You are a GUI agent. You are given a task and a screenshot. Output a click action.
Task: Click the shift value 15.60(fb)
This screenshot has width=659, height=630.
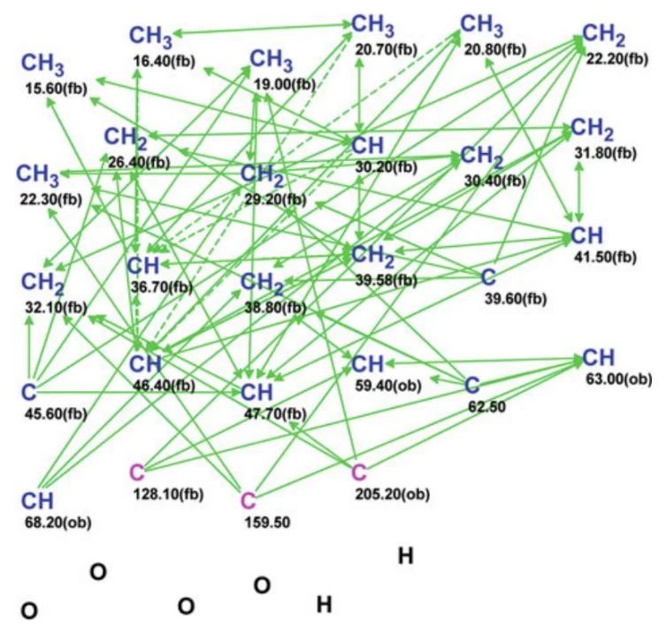click(56, 89)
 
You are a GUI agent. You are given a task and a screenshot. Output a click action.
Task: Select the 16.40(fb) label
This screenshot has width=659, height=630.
click(165, 61)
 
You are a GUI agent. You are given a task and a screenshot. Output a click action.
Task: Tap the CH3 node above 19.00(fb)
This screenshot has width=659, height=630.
click(272, 60)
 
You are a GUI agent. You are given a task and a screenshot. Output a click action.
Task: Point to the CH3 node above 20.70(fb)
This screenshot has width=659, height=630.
click(373, 26)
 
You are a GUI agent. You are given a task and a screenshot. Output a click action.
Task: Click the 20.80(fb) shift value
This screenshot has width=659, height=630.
click(495, 50)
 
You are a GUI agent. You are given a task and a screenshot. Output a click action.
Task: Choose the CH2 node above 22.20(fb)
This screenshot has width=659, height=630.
click(604, 35)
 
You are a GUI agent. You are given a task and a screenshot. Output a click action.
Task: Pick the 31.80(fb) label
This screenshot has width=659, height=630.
click(606, 153)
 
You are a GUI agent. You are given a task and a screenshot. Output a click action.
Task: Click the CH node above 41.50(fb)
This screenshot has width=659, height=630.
click(587, 235)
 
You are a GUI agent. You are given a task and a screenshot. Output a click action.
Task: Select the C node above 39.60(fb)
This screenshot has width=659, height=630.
click(488, 277)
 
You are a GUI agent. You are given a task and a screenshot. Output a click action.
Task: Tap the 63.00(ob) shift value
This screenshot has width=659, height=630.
click(619, 380)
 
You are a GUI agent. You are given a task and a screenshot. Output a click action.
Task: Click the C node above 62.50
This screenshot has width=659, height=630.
click(472, 385)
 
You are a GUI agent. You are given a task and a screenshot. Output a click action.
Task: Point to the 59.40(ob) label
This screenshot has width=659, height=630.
click(388, 387)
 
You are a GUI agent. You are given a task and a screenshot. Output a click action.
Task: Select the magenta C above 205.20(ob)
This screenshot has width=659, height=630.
click(359, 472)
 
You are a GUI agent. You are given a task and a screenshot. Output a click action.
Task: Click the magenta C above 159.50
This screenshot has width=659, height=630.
click(249, 501)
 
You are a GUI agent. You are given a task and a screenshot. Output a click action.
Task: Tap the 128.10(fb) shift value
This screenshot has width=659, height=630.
click(168, 495)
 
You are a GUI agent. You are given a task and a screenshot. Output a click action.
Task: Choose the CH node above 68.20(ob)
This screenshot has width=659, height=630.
click(38, 501)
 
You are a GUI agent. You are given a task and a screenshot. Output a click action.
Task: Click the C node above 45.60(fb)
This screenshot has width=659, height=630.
click(29, 393)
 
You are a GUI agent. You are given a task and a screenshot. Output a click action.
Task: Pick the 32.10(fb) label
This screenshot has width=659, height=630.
click(57, 308)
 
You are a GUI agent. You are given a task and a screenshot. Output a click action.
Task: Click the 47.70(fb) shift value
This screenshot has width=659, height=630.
click(275, 414)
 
